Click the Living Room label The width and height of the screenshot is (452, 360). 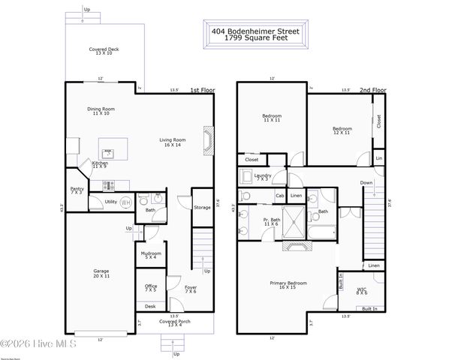pos(172,140)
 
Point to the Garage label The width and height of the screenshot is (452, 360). pos(101,274)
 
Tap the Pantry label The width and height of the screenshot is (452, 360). pos(77,190)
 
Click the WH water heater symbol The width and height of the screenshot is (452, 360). pos(125,202)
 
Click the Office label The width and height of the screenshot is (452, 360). pos(151,288)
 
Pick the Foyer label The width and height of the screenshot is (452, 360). pos(191,288)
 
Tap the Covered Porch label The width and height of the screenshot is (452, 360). pos(174,323)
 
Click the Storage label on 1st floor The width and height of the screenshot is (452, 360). pos(202,207)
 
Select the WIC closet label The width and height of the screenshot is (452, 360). pos(361,289)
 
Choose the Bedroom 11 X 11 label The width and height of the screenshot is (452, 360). pos(271,118)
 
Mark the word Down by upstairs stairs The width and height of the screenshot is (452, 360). pos(366,182)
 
